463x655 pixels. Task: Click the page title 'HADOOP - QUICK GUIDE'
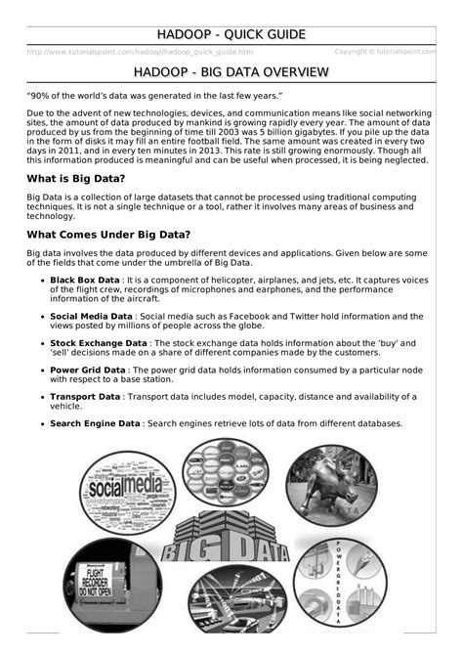(x=231, y=35)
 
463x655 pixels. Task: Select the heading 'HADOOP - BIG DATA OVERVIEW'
(x=231, y=73)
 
